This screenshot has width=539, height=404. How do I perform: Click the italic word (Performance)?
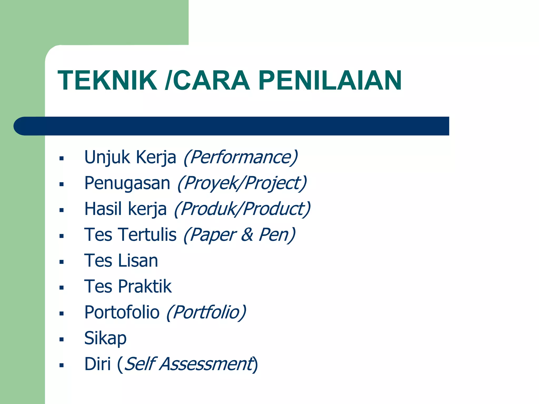tap(241, 157)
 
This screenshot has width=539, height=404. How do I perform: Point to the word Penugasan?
tap(127, 183)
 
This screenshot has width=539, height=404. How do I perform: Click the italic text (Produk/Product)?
tap(242, 209)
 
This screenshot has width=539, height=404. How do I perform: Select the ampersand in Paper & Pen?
tap(247, 235)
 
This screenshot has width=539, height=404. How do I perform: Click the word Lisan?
tap(138, 260)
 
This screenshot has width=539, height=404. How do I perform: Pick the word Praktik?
tap(145, 286)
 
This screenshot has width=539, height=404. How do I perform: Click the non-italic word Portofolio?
tap(122, 312)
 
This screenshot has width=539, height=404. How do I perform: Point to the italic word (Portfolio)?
tap(206, 312)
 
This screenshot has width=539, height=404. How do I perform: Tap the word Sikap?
tap(105, 338)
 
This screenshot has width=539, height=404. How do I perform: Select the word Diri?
tap(97, 364)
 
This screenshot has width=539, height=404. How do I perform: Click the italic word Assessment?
tap(206, 364)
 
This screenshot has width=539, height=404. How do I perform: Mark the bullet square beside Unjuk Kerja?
tap(62, 158)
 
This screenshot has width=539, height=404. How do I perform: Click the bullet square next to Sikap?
tap(62, 339)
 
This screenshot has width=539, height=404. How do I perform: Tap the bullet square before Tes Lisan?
tap(62, 262)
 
